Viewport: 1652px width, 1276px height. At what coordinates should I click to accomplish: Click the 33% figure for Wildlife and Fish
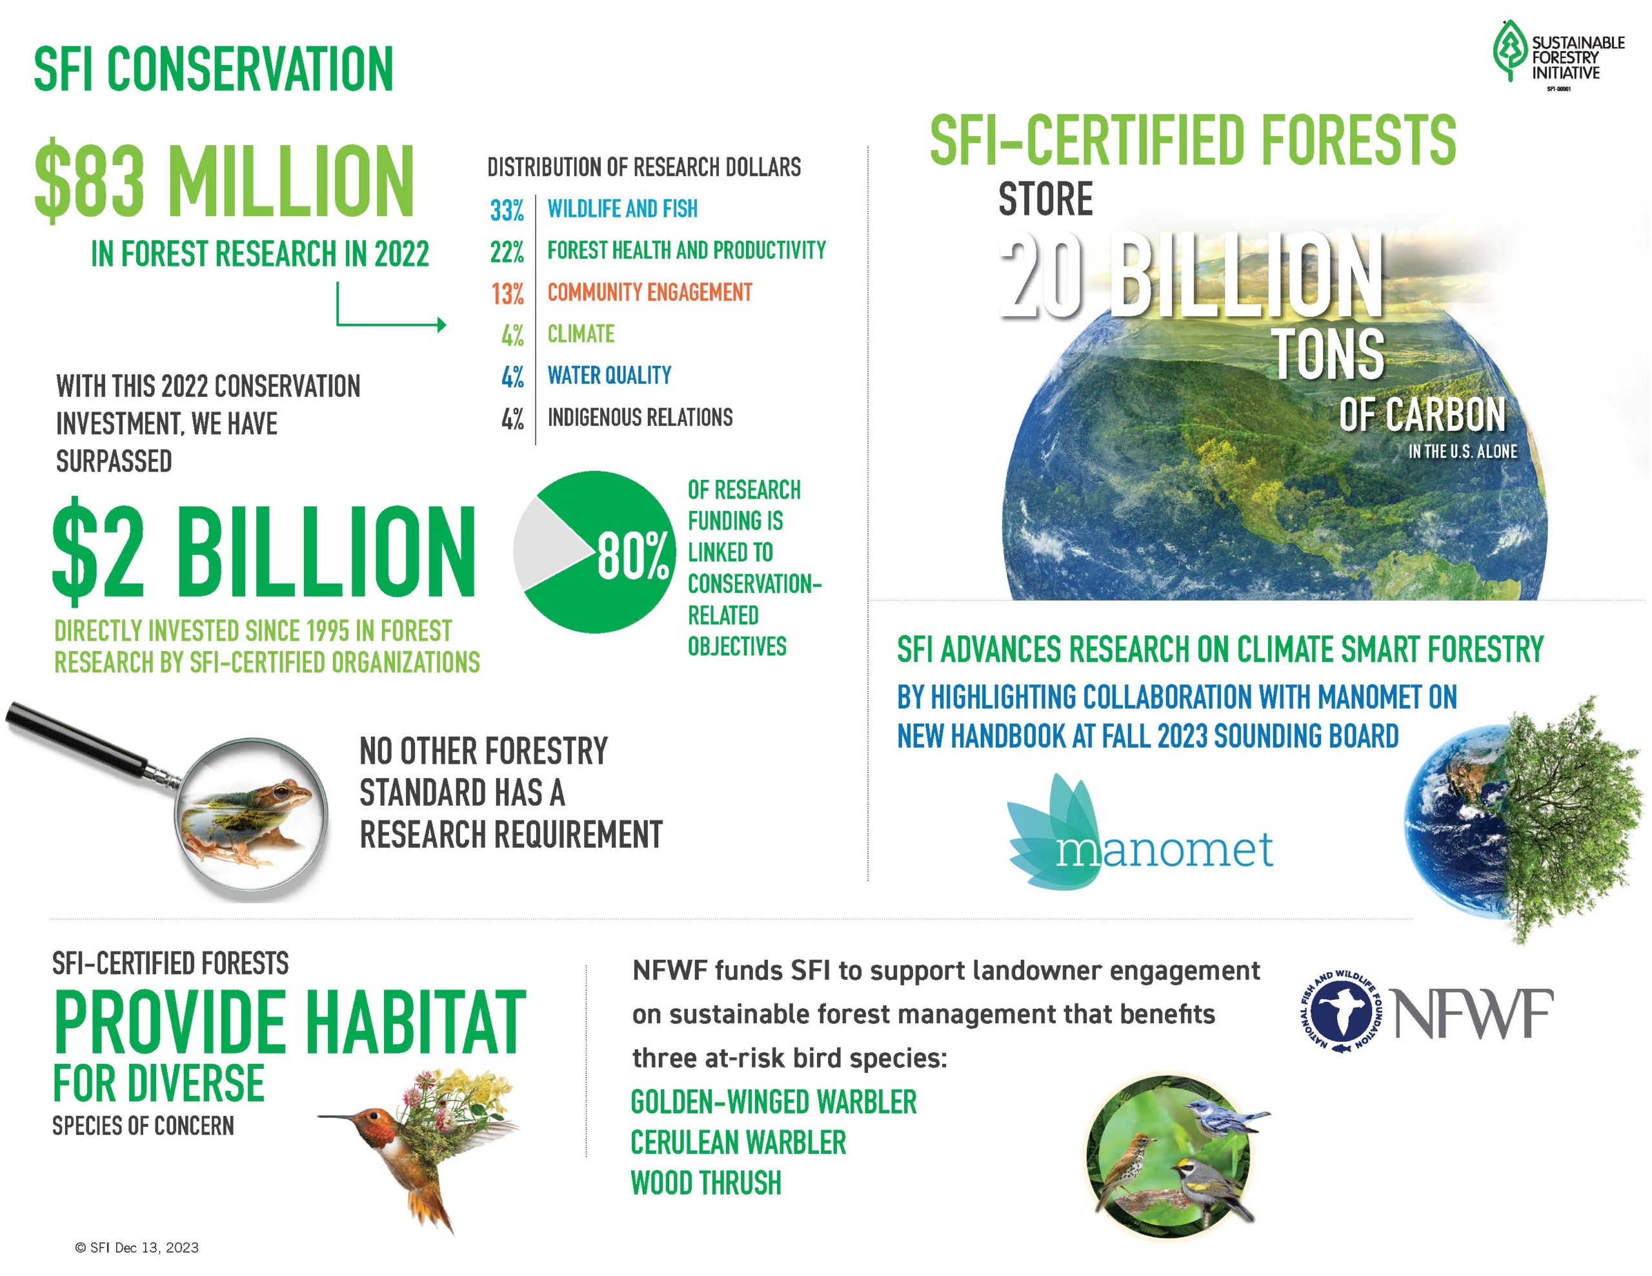click(507, 210)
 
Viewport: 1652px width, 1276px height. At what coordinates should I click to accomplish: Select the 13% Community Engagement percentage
click(507, 294)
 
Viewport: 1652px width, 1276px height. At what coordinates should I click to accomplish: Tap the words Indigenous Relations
click(640, 417)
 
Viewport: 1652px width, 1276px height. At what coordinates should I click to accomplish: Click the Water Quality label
click(609, 375)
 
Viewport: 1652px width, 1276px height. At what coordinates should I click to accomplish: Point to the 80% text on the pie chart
click(633, 556)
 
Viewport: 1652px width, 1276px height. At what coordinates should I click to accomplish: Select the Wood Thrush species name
click(706, 1183)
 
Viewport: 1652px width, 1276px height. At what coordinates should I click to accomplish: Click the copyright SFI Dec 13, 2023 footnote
click(137, 1247)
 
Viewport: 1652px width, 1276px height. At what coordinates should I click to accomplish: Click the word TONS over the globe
click(1329, 354)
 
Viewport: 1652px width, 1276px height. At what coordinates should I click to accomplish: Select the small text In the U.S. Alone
click(1463, 452)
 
